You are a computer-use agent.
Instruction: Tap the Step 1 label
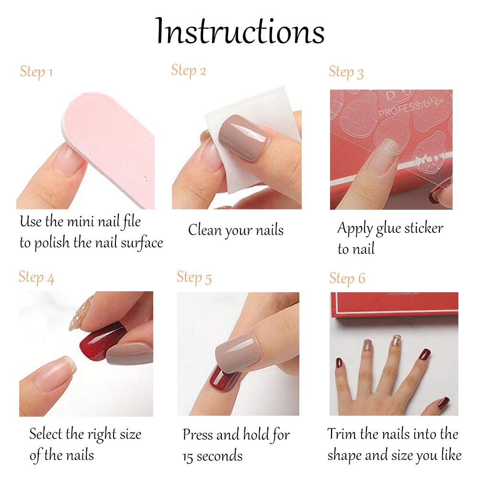36,72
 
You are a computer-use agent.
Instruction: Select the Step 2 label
189,70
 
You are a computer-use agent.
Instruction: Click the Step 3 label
346,72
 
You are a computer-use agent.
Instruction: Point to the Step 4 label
36,277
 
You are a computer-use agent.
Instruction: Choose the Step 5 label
194,277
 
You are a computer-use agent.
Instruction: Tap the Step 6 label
347,278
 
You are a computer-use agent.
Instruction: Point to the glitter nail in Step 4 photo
80,314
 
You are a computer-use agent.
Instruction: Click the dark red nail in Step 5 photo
224,378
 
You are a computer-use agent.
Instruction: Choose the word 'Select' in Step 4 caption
46,434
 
